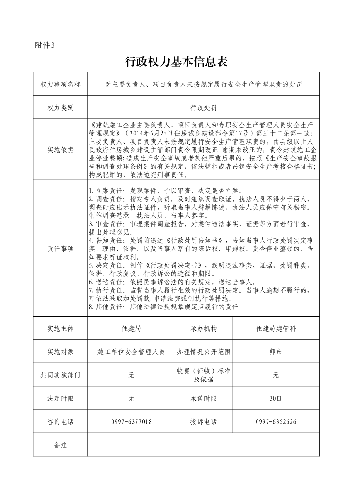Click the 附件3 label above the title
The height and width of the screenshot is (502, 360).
tap(44, 45)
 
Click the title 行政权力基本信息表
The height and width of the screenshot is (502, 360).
tap(175, 62)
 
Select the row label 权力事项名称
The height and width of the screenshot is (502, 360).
tap(60, 84)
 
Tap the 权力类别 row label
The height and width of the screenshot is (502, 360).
tap(60, 108)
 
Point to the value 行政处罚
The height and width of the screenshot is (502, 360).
tap(203, 108)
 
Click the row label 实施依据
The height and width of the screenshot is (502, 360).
tap(60, 150)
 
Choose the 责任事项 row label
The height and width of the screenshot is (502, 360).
tap(60, 249)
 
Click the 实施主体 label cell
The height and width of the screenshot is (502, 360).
tap(60, 328)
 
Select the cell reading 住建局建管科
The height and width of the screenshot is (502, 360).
tap(276, 328)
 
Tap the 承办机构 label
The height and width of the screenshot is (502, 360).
tap(204, 328)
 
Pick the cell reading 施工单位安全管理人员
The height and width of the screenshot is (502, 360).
tap(131, 352)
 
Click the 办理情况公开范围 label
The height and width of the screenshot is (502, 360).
tap(204, 352)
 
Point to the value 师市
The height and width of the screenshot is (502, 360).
tap(276, 352)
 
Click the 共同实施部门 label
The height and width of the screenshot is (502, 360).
tap(60, 375)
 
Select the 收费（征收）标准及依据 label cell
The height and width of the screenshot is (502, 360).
tap(204, 375)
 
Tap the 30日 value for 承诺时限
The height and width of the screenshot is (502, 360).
tap(276, 399)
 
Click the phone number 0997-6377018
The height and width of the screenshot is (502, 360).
tap(131, 422)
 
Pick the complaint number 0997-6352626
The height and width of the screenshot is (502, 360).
tap(276, 422)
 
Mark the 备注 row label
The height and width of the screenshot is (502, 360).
tap(60, 445)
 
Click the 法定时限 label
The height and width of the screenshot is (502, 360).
tap(60, 399)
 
